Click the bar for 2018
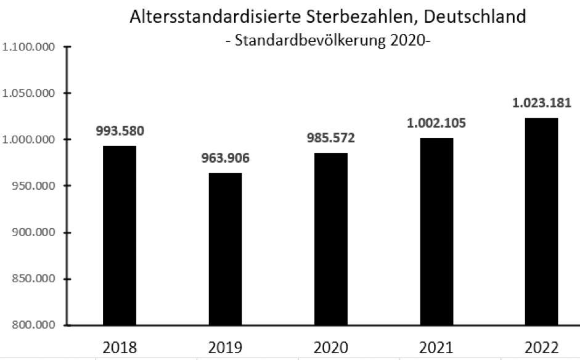tap(120, 235)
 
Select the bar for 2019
tap(225, 249)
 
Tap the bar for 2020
tap(330, 239)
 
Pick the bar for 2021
tap(436, 231)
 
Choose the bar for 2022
tap(542, 221)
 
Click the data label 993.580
tap(120, 131)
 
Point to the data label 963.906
tap(225, 158)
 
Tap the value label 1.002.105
tap(436, 123)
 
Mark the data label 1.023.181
tap(542, 103)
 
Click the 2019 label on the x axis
tap(225, 347)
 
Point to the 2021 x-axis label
tap(436, 347)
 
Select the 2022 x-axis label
tap(542, 347)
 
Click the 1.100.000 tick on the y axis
tap(29, 47)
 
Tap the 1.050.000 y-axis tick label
tap(29, 93)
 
